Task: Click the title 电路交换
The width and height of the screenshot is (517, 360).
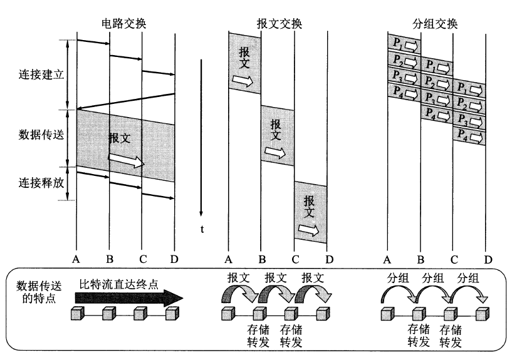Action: [x=123, y=24]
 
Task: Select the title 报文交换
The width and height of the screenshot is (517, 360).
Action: [x=279, y=24]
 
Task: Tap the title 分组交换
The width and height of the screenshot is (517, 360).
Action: [x=435, y=24]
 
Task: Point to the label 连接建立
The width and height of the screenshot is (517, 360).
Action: [x=41, y=75]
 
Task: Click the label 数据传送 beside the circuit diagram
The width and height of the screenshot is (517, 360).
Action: [x=41, y=135]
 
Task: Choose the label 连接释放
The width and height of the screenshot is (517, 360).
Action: [x=41, y=182]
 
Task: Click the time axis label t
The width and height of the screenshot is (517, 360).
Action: [x=202, y=229]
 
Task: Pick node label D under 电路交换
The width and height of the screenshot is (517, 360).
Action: [x=174, y=260]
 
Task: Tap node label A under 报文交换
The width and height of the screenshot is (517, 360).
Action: [x=228, y=260]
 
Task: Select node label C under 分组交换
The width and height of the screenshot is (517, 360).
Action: [x=454, y=260]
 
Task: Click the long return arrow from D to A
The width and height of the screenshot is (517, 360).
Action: [x=125, y=101]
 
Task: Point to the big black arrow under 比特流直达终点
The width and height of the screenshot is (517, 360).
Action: [x=129, y=299]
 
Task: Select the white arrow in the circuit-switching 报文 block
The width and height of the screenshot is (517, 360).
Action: [x=127, y=160]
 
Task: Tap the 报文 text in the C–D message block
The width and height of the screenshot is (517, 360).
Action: [x=309, y=207]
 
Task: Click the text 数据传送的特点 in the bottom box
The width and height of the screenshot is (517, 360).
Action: [x=39, y=292]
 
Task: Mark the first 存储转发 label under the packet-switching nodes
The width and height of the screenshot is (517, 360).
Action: [x=419, y=336]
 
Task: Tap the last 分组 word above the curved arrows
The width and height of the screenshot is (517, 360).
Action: [x=468, y=279]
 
